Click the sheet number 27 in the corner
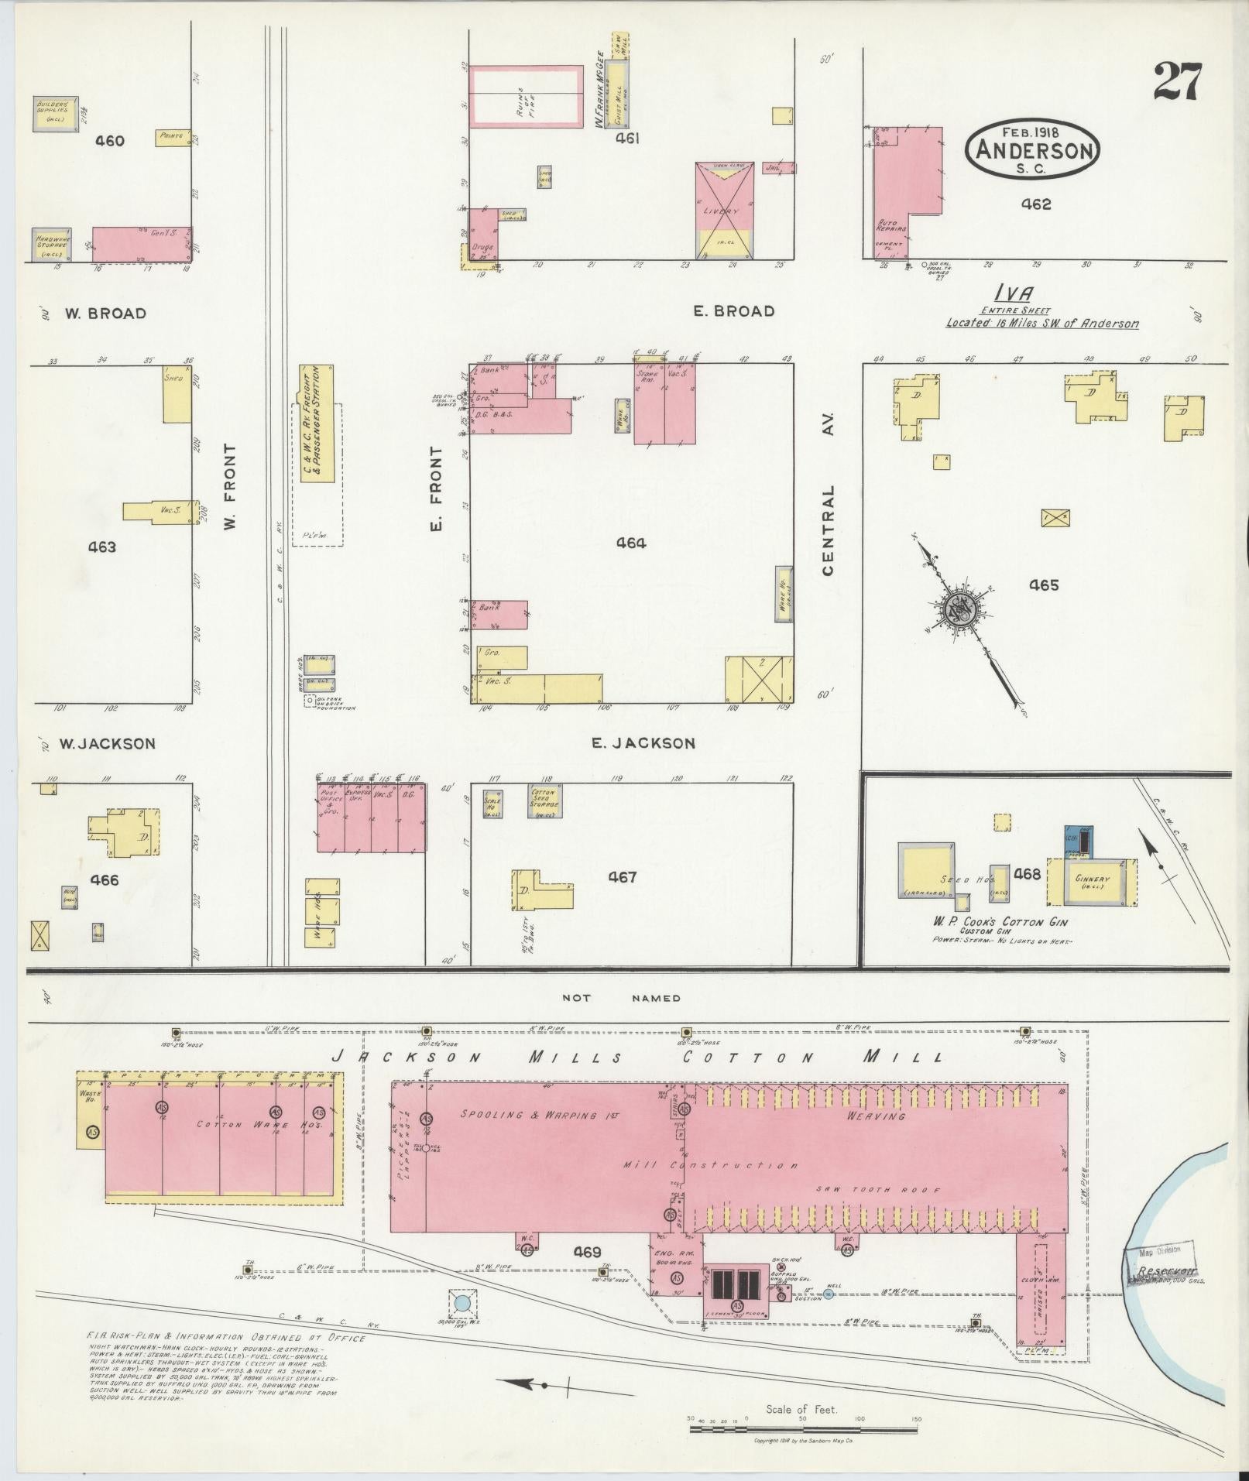pos(1177,82)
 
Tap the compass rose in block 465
pos(962,608)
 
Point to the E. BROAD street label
pos(733,311)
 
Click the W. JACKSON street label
pos(108,743)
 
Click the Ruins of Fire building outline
pos(527,96)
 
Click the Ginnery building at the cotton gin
pos(1092,880)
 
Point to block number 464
pos(631,543)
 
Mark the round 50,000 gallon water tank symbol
pos(462,1303)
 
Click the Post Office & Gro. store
pos(331,817)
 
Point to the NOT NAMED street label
pos(622,998)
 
